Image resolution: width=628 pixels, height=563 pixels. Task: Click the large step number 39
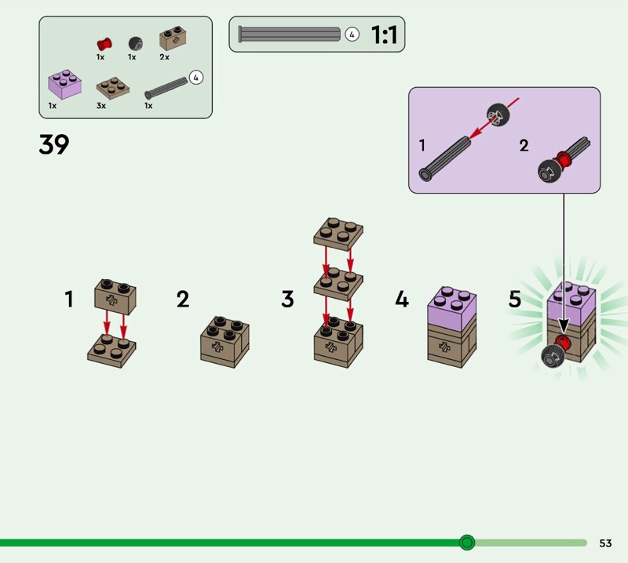click(x=54, y=144)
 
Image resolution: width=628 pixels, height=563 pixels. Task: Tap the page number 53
click(x=605, y=543)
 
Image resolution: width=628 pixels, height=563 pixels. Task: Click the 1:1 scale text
click(x=384, y=35)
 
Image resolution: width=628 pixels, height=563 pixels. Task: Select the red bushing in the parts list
click(x=104, y=44)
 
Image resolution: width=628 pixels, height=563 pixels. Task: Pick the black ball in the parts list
click(x=135, y=44)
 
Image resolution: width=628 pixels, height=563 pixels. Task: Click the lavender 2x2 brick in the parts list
click(x=65, y=85)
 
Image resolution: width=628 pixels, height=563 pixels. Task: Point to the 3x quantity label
click(x=101, y=106)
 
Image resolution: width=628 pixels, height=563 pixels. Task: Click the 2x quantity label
click(x=164, y=56)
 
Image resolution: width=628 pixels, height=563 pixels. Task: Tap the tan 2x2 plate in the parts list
click(x=113, y=88)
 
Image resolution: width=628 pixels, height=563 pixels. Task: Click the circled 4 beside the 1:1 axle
click(x=352, y=35)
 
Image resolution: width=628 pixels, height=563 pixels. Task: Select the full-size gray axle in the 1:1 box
click(x=289, y=35)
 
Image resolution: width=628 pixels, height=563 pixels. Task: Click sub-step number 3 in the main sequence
click(x=287, y=300)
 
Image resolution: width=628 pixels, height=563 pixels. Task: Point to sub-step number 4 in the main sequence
click(x=402, y=299)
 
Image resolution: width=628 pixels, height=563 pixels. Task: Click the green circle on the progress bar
click(x=466, y=543)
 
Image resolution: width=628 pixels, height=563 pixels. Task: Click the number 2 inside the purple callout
click(x=524, y=145)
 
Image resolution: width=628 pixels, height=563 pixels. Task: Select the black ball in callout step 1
click(x=498, y=114)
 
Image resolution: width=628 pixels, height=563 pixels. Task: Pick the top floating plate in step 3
click(x=338, y=234)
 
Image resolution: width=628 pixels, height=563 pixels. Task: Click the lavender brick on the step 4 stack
click(x=452, y=307)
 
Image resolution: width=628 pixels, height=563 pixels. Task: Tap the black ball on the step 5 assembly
click(x=553, y=357)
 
